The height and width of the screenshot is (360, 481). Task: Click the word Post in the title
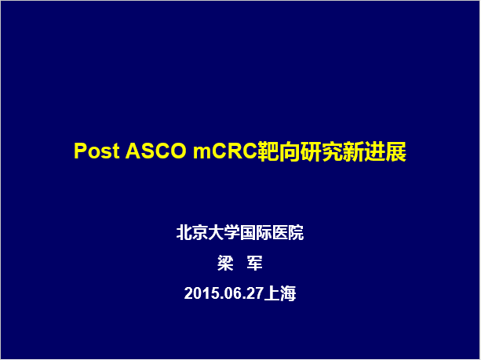click(x=97, y=151)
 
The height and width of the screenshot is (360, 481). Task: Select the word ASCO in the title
click(x=156, y=151)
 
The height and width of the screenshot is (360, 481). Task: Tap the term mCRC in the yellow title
click(x=225, y=151)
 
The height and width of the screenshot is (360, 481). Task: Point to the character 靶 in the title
click(x=268, y=151)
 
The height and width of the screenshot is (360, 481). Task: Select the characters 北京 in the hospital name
click(x=192, y=233)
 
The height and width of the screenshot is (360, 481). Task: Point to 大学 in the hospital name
click(x=224, y=233)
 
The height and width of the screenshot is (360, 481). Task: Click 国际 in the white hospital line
click(x=256, y=233)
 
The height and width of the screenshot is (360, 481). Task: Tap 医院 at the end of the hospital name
click(x=288, y=233)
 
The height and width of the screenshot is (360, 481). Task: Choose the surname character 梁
click(x=225, y=263)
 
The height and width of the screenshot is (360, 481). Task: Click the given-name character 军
click(x=254, y=263)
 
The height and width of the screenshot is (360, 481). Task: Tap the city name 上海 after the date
click(x=280, y=293)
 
